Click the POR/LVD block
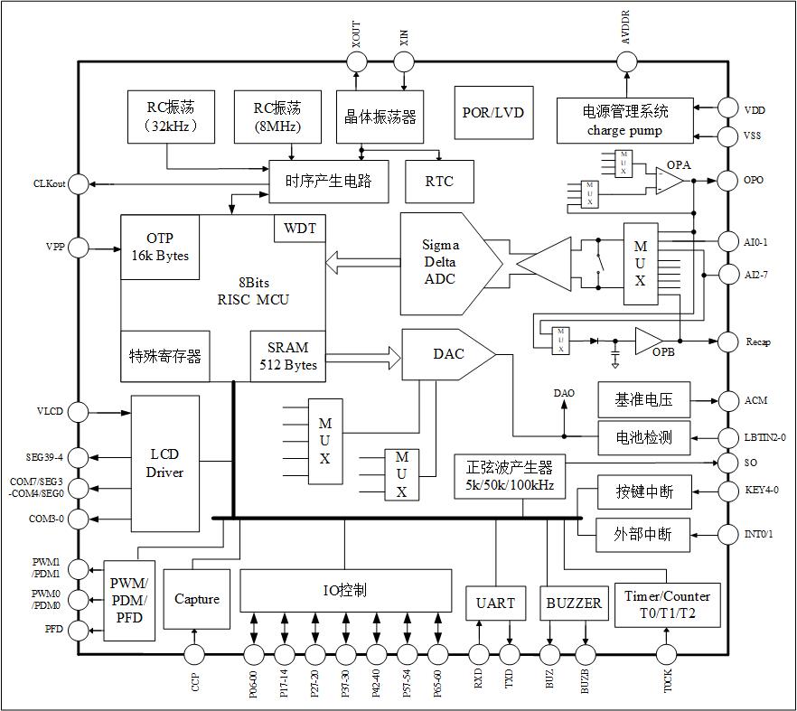[x=493, y=113]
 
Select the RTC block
[x=439, y=182]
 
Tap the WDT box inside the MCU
[x=300, y=229]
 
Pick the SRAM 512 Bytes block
[x=287, y=356]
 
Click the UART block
[x=495, y=603]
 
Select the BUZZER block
[x=574, y=603]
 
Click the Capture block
[x=197, y=599]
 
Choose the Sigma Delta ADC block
[x=445, y=262]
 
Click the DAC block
[x=446, y=354]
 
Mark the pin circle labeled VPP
[x=80, y=248]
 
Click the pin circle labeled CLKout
[x=80, y=184]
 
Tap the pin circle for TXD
[x=510, y=654]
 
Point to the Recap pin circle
[x=727, y=341]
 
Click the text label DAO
[x=564, y=394]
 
